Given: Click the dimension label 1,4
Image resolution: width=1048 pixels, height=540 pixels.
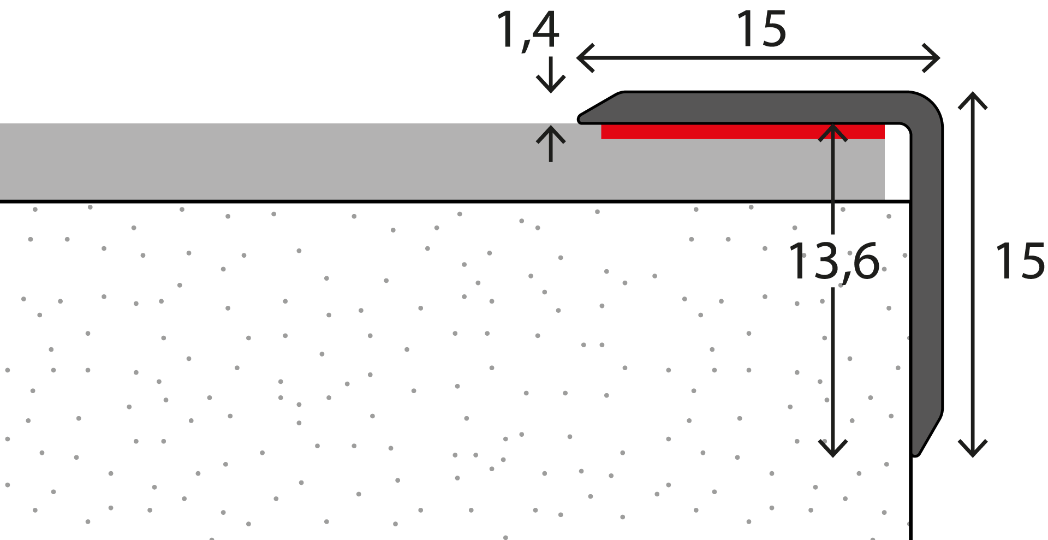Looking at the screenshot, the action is (528, 31).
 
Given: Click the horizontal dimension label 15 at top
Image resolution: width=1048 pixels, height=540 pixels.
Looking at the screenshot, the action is (761, 29).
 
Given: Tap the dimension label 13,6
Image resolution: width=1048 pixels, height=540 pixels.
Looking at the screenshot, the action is (834, 262).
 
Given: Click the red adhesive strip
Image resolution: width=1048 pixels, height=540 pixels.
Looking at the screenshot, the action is (742, 132).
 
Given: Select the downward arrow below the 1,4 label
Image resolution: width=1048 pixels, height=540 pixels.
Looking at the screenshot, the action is (551, 74).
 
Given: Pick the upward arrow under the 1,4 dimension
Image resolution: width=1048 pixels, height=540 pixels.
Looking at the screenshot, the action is (551, 144).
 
